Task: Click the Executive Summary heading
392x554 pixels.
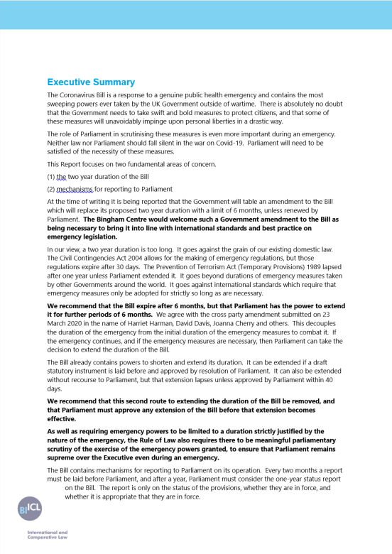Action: coord(91,82)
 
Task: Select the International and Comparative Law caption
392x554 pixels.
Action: coord(47,535)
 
